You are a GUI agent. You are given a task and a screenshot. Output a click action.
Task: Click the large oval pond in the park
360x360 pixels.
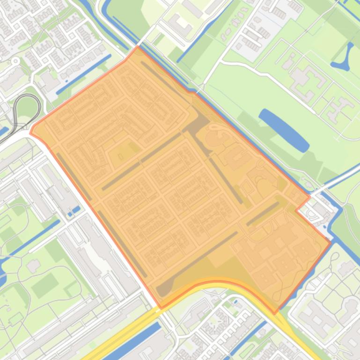coord(284,130)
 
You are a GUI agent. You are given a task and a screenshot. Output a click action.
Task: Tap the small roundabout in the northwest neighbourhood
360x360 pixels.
coord(15,61)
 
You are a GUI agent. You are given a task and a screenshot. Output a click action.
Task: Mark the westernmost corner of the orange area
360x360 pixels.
coord(30,132)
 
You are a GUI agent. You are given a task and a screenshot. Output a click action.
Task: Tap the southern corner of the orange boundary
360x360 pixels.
coord(162,308)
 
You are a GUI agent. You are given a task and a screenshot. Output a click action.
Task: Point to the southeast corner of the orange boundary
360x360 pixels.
coord(275,312)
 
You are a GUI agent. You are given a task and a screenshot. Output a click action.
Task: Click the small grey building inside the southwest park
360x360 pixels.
coord(33,266)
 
